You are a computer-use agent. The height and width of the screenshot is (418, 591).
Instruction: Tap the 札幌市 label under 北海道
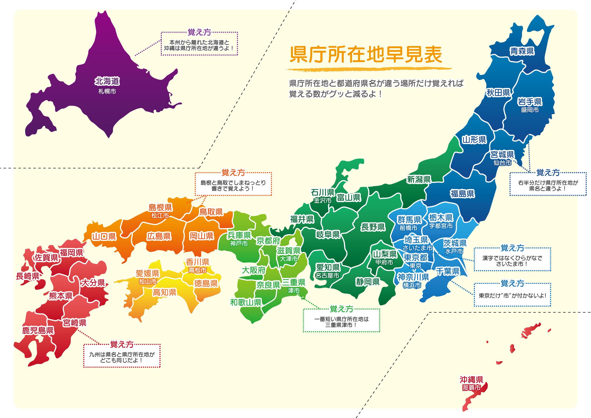[107, 91]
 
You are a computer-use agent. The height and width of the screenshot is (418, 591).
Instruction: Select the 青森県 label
[522, 51]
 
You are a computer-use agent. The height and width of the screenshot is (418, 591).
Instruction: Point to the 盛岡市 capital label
[530, 110]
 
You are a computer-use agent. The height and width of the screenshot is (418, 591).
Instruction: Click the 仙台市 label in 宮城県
[502, 163]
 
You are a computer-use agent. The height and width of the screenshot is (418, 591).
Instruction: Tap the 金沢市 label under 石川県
[322, 200]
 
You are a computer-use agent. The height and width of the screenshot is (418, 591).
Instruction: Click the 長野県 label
[373, 227]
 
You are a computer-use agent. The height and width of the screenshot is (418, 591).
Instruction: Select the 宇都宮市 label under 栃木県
[441, 226]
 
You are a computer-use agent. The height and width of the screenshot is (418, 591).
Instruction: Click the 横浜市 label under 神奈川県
[412, 285]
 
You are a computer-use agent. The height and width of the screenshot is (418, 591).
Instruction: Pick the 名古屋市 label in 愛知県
[327, 275]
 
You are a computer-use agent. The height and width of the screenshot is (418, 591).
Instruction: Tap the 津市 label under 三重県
[294, 291]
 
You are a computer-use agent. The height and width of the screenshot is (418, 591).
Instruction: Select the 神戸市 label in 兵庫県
[239, 243]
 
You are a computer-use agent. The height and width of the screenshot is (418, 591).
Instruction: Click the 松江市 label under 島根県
[160, 215]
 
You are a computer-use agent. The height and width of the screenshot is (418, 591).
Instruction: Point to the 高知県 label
[164, 292]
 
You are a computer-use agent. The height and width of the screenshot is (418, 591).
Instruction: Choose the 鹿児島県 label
[38, 330]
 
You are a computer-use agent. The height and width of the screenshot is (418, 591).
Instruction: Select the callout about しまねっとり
[233, 186]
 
